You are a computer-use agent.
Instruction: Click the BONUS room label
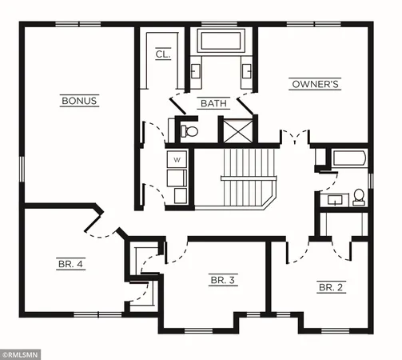point(79,101)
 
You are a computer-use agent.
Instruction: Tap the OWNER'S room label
point(316,83)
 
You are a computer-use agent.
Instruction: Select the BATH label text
point(213,103)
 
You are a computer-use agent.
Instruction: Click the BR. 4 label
point(70,263)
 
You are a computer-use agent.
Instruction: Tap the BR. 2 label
point(331,286)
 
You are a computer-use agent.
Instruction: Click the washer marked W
point(176,160)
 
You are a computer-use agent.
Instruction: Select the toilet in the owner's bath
point(189,130)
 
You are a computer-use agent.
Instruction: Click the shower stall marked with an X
point(237,130)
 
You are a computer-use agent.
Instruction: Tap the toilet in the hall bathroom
point(358,196)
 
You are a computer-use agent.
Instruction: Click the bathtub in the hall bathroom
point(348,158)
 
